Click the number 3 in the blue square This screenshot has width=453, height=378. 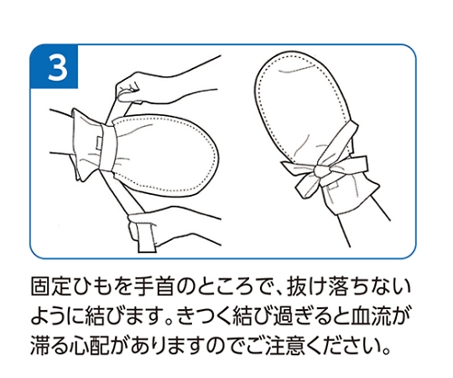click(x=57, y=68)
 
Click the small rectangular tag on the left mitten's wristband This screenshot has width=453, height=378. click(x=100, y=141)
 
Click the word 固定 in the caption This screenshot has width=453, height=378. click(x=51, y=286)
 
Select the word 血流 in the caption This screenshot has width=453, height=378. click(x=370, y=316)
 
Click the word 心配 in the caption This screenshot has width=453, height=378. click(x=91, y=345)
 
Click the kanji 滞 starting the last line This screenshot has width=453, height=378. click(x=41, y=345)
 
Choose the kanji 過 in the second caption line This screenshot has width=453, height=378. click(x=282, y=316)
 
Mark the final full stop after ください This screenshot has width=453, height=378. click(x=385, y=352)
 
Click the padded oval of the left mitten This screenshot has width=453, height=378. click(x=166, y=154)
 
